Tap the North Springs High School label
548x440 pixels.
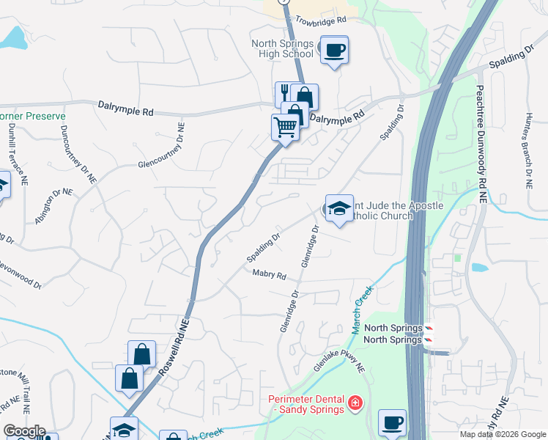282,48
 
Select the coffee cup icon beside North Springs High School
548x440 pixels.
335,50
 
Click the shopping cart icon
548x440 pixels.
285,127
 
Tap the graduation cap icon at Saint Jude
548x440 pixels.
339,208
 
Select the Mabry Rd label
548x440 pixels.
268,274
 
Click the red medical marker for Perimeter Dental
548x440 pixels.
355,403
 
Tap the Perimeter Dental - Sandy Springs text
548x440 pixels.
306,404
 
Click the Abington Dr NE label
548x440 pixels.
53,200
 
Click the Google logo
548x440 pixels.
23,432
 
